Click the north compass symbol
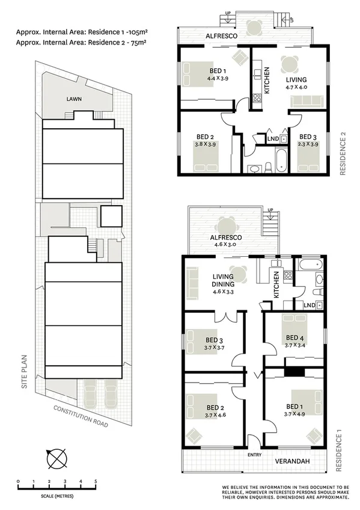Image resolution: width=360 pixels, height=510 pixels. pos(57,459)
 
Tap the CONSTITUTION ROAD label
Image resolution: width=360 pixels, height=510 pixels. pos(80,416)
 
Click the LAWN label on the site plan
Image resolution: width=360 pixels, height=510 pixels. pos(75,99)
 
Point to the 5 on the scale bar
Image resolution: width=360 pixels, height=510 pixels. pos(96,482)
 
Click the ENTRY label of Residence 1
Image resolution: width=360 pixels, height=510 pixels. pos(254,454)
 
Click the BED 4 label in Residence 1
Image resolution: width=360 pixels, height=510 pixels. pos(294,337)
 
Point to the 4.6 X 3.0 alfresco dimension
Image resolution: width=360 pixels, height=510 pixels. pos(225,245)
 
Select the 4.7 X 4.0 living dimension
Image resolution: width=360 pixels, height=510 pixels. pos(296,87)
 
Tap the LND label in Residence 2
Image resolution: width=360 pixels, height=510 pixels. pos(273,139)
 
